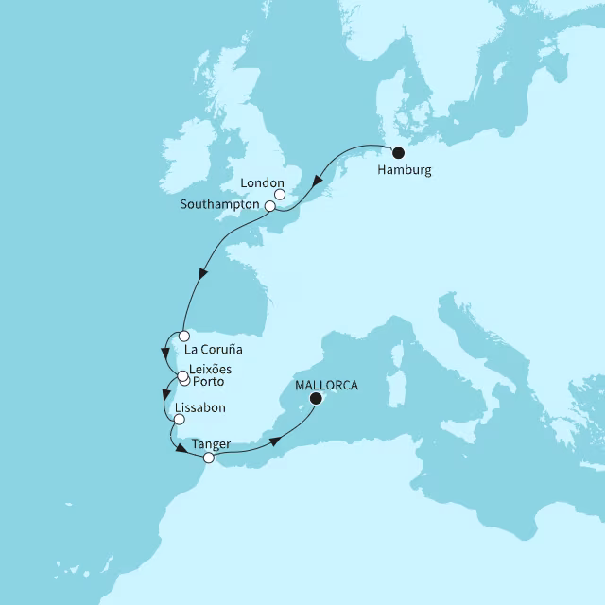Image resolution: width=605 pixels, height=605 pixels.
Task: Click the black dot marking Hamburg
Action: click(x=398, y=153)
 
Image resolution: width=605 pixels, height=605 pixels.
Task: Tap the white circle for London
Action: click(x=280, y=195)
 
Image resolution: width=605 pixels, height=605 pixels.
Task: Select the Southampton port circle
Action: click(x=270, y=205)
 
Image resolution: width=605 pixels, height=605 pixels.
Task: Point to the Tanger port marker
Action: click(x=209, y=458)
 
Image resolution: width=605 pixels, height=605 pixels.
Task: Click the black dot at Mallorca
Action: click(x=317, y=399)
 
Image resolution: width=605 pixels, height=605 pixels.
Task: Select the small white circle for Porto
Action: click(x=185, y=382)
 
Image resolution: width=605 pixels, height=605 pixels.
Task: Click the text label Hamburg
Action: click(x=404, y=171)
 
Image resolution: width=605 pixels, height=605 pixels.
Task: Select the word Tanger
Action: click(x=209, y=442)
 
